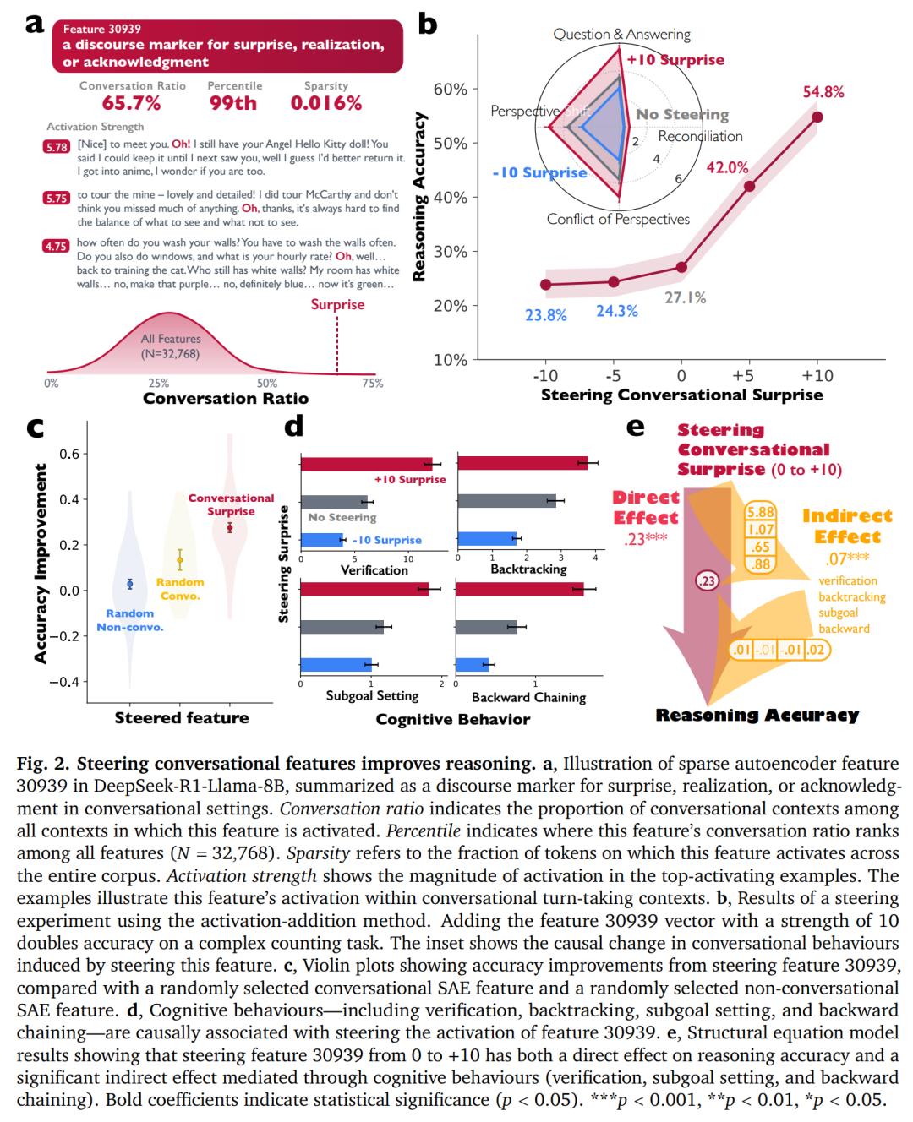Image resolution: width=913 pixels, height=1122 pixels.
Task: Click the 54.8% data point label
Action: (823, 92)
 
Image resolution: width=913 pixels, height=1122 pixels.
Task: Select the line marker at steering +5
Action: (749, 186)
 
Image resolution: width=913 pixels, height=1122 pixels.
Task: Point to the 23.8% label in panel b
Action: (545, 315)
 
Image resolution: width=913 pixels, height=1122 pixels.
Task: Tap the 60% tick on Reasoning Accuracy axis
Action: (450, 90)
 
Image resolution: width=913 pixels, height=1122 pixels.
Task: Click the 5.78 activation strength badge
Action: (56, 147)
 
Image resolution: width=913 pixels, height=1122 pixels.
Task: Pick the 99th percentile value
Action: (233, 104)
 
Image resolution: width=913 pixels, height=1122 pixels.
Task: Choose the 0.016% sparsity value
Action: (325, 104)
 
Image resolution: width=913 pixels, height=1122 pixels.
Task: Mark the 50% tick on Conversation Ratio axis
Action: (266, 383)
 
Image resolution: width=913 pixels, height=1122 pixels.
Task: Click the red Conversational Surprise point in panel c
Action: (230, 527)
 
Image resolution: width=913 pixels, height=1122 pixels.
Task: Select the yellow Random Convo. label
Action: (180, 589)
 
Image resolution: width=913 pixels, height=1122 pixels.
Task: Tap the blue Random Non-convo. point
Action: (129, 584)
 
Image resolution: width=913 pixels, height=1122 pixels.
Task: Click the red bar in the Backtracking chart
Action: (522, 462)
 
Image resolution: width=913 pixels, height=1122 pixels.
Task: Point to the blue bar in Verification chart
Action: (322, 540)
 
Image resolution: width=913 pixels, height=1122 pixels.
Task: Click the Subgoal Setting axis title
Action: (372, 695)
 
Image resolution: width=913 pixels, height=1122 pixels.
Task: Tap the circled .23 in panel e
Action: (706, 580)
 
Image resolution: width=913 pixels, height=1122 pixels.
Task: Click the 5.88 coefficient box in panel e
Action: (760, 512)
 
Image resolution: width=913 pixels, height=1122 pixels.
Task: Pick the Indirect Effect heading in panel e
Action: (847, 526)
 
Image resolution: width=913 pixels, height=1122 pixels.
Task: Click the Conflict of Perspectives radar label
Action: (618, 220)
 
